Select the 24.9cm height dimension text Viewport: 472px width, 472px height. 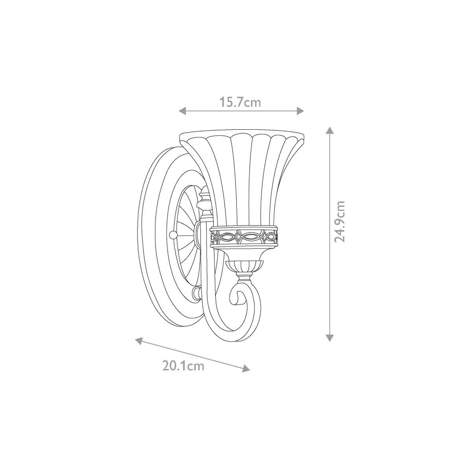tap(339, 222)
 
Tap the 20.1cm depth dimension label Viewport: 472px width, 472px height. tap(183, 373)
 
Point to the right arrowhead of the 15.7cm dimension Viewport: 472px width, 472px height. tap(300, 111)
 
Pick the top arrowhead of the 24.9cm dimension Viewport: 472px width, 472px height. tap(330, 130)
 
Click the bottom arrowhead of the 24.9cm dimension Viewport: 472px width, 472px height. tap(330, 338)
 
